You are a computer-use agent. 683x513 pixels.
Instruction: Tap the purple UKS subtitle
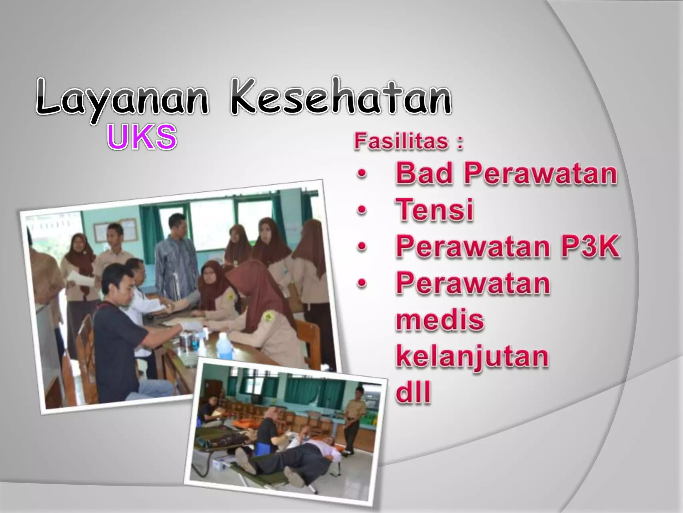pos(141,137)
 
